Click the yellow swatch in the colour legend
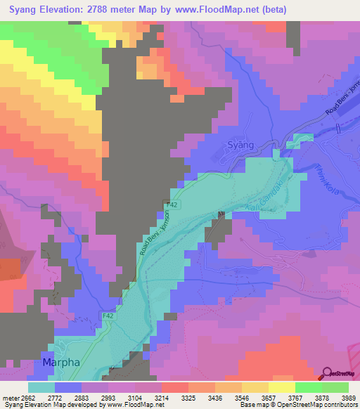coord(282,387)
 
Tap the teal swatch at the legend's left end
coord(41,387)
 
